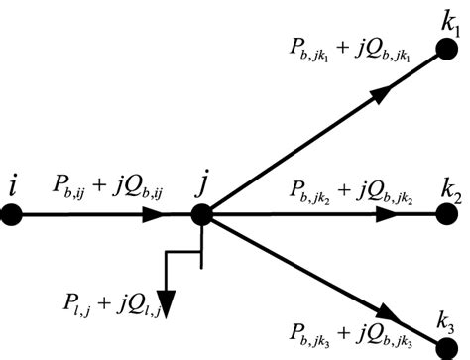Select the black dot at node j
tap(201, 213)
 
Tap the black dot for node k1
tap(455, 48)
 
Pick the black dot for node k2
tap(454, 213)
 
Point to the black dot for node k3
tap(452, 347)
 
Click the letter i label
tap(11, 182)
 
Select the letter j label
tap(204, 182)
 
